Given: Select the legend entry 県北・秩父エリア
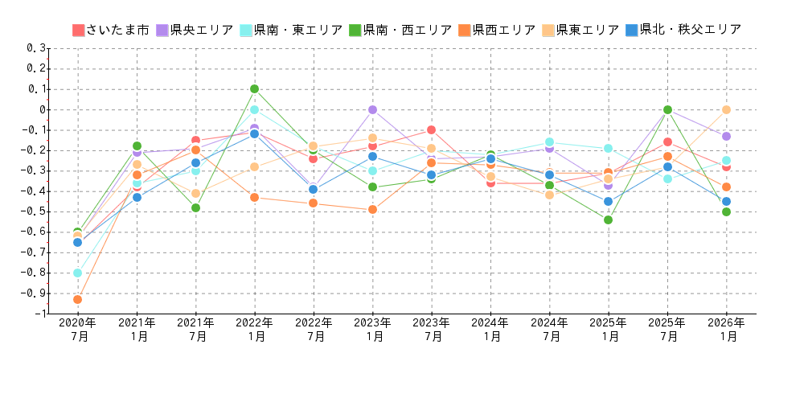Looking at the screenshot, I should (683, 30).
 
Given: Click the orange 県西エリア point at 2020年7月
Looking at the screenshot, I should (78, 299).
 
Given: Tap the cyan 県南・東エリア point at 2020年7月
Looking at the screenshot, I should (78, 273).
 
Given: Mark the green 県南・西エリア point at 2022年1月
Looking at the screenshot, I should (254, 88).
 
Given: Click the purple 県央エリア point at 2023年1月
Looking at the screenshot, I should (372, 109).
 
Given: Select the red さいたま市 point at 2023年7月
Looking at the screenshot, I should (431, 129).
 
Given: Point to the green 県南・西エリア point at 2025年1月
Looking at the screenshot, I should (608, 219).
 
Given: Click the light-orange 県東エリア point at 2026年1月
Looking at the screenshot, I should (726, 109).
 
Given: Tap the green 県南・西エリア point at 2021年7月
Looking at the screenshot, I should (195, 207).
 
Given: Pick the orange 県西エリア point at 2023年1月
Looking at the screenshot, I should (372, 209).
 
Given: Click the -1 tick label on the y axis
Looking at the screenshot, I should (40, 314).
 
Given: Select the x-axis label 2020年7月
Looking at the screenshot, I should (78, 330).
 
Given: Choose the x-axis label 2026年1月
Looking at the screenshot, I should (726, 330).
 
